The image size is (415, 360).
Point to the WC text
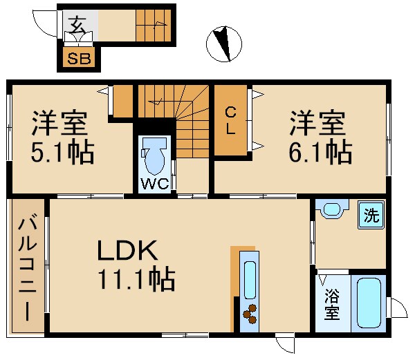pyautogui.click(x=152, y=184)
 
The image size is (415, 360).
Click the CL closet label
pyautogui.click(x=230, y=120)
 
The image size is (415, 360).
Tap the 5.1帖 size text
pyautogui.click(x=62, y=153)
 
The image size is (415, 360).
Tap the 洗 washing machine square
pyautogui.click(x=371, y=215)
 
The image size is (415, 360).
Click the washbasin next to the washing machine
pyautogui.click(x=332, y=209)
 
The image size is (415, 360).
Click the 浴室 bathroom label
pyautogui.click(x=332, y=304)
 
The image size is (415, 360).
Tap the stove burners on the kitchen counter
pyautogui.click(x=249, y=312)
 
